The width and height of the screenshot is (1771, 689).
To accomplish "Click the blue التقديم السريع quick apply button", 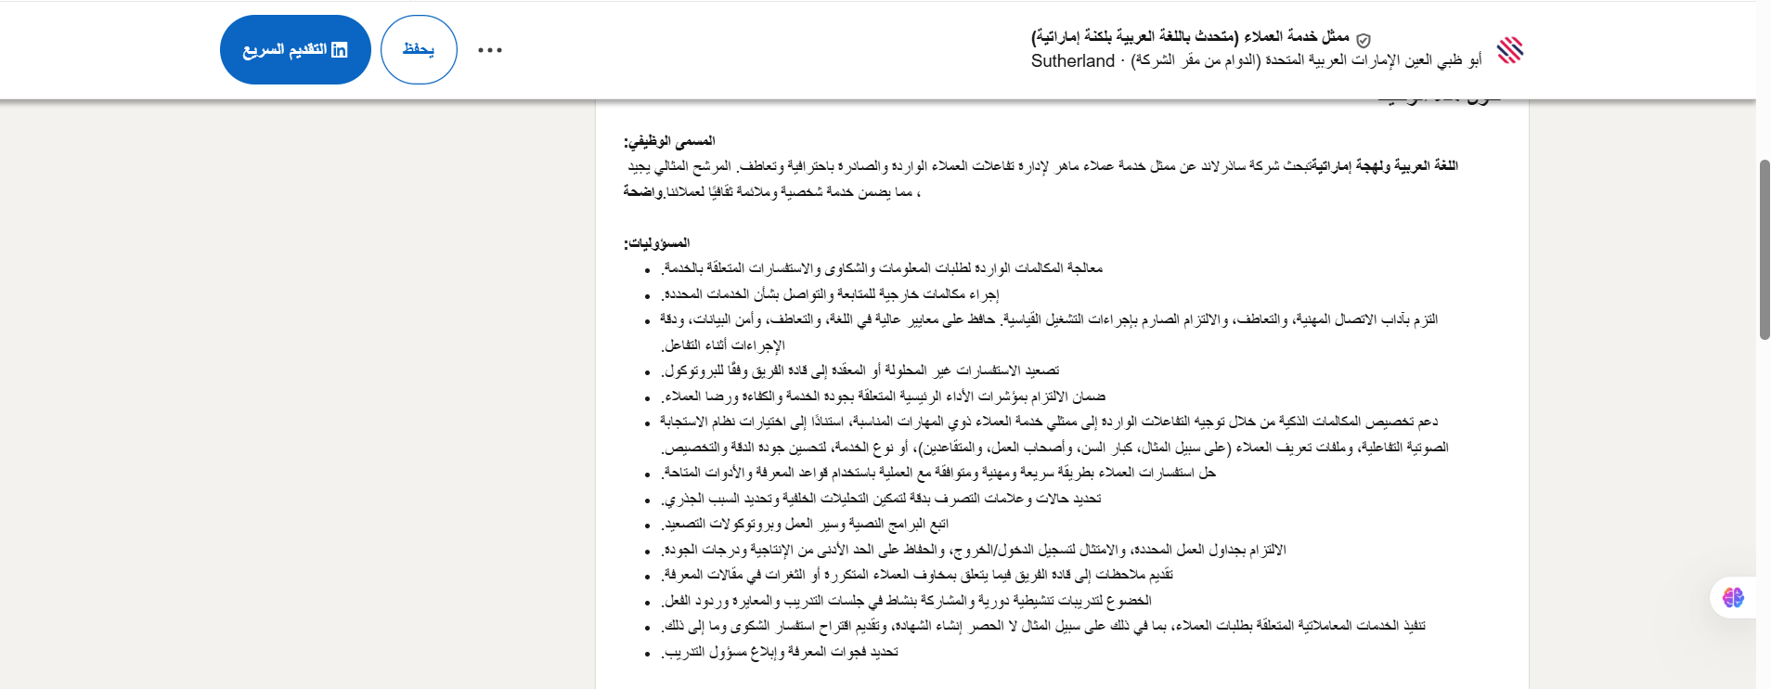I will coord(295,50).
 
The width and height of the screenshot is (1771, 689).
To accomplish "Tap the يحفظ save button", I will coord(419,50).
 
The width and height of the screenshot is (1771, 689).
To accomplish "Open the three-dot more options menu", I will coord(490,50).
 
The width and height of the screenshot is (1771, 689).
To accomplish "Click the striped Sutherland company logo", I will coord(1510,50).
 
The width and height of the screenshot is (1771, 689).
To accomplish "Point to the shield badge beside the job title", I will coord(1364,40).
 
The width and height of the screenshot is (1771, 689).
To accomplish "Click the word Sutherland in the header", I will coord(1072,61).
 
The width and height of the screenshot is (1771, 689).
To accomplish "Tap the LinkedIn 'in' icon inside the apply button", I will coord(340,50).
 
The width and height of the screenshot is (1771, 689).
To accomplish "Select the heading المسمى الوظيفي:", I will coord(669,141).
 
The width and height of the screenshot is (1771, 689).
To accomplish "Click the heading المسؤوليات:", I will coord(657,243).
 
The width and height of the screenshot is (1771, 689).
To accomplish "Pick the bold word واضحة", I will coord(642,191).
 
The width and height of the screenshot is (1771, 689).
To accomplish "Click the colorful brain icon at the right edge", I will coord(1733,597).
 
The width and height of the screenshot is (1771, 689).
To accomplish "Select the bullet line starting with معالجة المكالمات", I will coord(882,268).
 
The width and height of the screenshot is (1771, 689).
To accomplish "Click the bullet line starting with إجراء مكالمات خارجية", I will coord(831,294).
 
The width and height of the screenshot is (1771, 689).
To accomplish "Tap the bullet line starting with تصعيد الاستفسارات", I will coord(860,370).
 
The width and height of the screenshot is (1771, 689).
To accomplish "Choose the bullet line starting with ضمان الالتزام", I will coord(883,396).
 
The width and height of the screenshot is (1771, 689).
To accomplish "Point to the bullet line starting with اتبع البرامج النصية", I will coord(805,524).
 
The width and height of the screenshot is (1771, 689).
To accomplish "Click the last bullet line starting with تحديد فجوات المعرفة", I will coord(780,652).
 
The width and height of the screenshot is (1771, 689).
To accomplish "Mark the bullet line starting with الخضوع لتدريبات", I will coord(907,601).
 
